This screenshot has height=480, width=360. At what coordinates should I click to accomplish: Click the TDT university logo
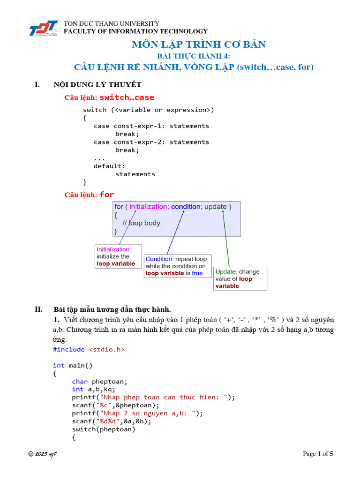(x=43, y=28)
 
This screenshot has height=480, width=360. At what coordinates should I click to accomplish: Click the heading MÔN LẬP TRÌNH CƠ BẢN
(x=199, y=45)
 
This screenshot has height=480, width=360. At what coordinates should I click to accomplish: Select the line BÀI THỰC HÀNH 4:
(x=194, y=56)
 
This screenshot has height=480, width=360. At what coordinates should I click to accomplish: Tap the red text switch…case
(x=127, y=97)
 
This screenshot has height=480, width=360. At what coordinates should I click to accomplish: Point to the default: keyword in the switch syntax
(x=109, y=166)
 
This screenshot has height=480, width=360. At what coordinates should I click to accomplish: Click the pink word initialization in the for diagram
(x=149, y=206)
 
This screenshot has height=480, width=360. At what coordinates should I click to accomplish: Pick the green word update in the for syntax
(x=216, y=206)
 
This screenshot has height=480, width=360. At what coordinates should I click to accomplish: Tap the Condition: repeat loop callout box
(x=178, y=266)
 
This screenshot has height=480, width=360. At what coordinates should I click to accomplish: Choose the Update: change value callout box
(x=240, y=278)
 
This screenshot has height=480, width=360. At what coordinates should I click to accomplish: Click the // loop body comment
(x=141, y=223)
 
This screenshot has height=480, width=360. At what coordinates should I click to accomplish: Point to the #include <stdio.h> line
(x=89, y=349)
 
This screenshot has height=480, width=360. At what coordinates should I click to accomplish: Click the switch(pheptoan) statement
(x=104, y=429)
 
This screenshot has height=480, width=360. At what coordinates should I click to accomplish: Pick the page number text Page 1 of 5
(x=318, y=454)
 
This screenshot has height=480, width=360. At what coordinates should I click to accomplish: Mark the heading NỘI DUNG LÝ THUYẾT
(x=97, y=84)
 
